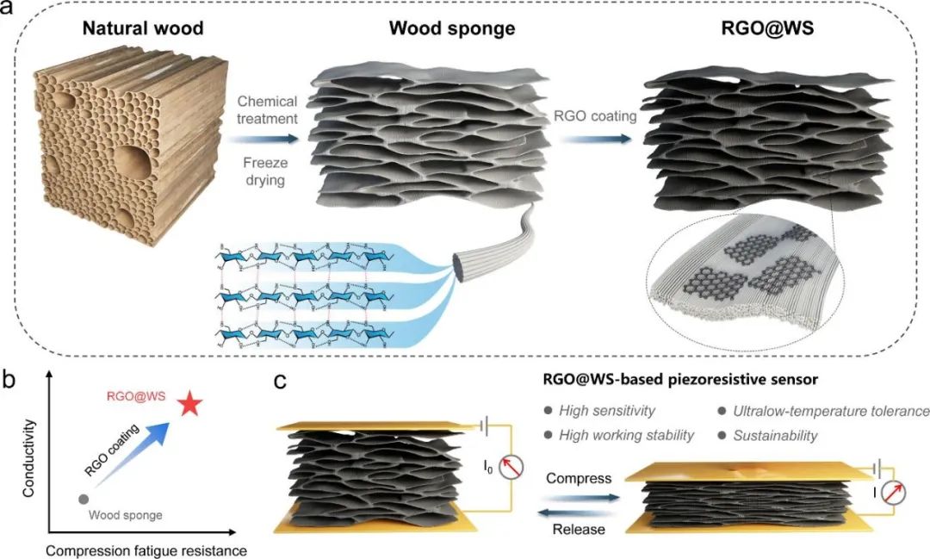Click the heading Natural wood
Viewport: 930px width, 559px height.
[x=143, y=28]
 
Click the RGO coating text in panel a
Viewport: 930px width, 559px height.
[x=588, y=114]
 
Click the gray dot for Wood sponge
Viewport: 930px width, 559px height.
[x=83, y=499]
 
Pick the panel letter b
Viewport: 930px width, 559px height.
[x=12, y=381]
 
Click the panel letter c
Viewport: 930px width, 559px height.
[x=281, y=381]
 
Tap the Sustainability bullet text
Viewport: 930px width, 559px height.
[x=775, y=436]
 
